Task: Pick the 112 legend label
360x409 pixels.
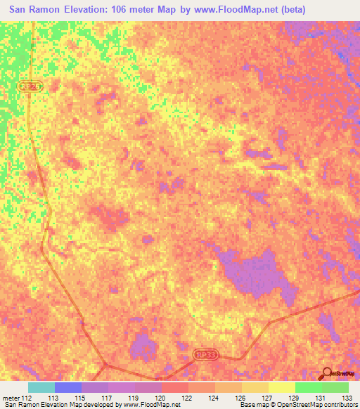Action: tap(27, 397)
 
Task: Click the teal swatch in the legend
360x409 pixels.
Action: tap(41, 387)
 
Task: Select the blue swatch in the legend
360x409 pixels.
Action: tap(68, 387)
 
